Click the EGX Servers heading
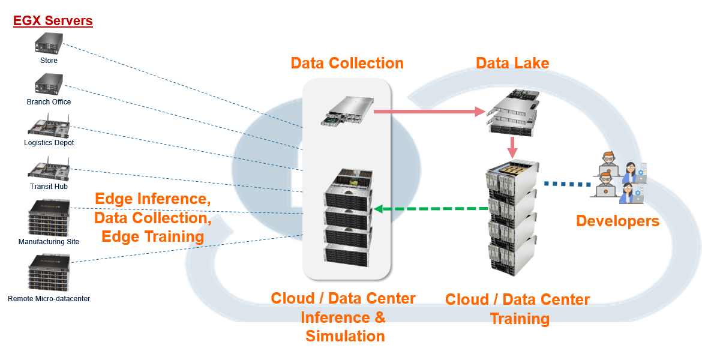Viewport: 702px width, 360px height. click(53, 21)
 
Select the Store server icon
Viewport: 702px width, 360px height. click(49, 44)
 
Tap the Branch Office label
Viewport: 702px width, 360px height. click(49, 102)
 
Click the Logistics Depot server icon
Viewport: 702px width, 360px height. click(49, 127)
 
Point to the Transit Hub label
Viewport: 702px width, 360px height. click(49, 187)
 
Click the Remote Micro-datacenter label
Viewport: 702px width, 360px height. click(49, 298)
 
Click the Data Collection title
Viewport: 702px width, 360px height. click(347, 63)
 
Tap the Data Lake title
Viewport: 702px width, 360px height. click(512, 63)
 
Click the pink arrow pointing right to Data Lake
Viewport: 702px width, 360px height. click(428, 111)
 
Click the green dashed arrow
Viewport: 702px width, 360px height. click(431, 209)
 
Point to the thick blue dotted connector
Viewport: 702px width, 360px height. click(567, 184)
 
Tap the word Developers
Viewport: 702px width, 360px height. click(617, 221)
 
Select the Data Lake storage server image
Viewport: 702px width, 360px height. click(512, 112)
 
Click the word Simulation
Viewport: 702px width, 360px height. click(345, 336)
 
